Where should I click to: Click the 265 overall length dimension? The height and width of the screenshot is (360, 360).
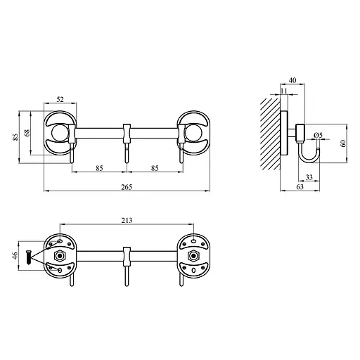(127, 187)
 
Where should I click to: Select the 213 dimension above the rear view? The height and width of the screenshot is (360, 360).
(127, 221)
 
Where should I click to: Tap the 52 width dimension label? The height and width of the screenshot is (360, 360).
(60, 100)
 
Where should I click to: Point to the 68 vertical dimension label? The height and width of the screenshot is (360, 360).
(27, 133)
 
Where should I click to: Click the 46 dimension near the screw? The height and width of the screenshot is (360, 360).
(15, 255)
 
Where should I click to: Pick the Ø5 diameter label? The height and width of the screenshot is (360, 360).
(319, 135)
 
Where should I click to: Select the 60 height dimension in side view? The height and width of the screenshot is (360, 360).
(343, 143)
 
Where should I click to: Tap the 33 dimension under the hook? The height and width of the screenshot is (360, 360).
(309, 177)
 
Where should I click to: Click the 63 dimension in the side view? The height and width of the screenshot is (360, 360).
(300, 187)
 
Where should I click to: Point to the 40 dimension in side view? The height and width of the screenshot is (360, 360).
(292, 80)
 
